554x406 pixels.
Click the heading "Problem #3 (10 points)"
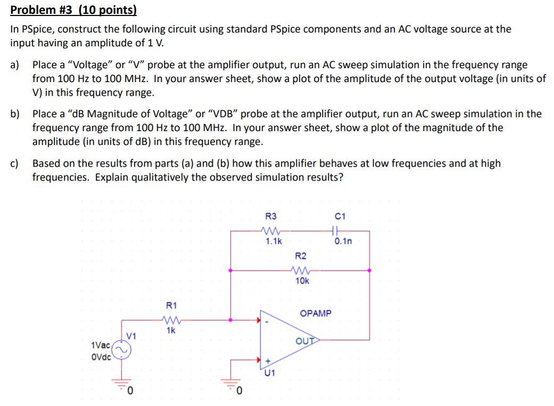pyautogui.click(x=73, y=10)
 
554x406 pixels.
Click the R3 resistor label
pyautogui.click(x=271, y=216)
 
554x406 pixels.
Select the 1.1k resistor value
pyautogui.click(x=274, y=241)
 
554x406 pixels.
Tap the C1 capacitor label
pyautogui.click(x=341, y=216)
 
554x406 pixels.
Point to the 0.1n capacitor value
pyautogui.click(x=343, y=241)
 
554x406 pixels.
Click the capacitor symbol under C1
pyautogui.click(x=334, y=231)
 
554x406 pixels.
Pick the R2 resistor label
pyautogui.click(x=301, y=256)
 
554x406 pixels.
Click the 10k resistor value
pyautogui.click(x=302, y=280)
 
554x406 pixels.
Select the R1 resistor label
pyautogui.click(x=171, y=305)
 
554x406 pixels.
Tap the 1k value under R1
pyautogui.click(x=171, y=330)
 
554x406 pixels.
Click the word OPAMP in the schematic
pyautogui.click(x=316, y=313)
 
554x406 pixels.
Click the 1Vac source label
pyautogui.click(x=101, y=345)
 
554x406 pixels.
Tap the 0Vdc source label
pyautogui.click(x=101, y=357)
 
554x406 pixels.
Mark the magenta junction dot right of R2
pyautogui.click(x=370, y=270)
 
